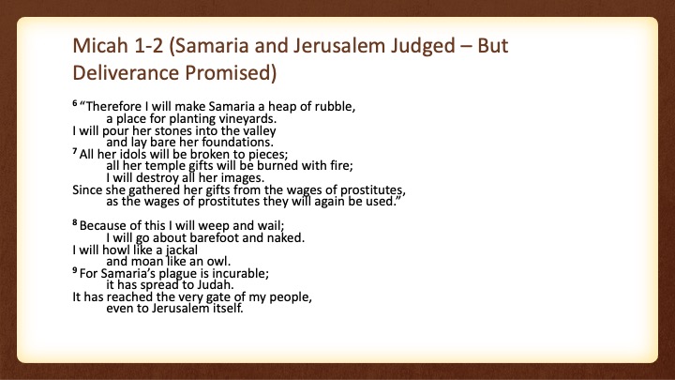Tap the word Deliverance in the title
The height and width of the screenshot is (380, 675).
click(x=126, y=72)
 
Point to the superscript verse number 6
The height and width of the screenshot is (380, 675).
click(x=74, y=103)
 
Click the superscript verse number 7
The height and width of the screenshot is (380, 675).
click(x=74, y=151)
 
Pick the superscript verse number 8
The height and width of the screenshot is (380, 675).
click(x=74, y=222)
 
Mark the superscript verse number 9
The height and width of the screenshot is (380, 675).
click(x=74, y=270)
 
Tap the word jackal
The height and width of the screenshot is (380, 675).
click(x=182, y=251)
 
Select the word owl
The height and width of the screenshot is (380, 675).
click(x=219, y=262)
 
